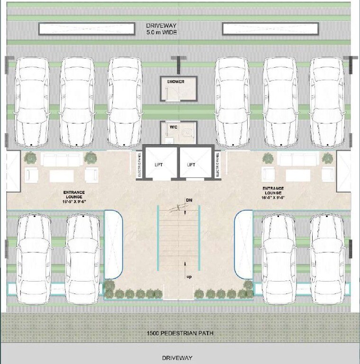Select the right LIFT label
(191, 164)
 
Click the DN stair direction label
(189, 200)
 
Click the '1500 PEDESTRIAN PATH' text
(180, 333)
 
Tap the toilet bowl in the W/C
(188, 133)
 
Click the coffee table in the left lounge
(62, 176)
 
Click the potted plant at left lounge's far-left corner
(30, 157)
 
